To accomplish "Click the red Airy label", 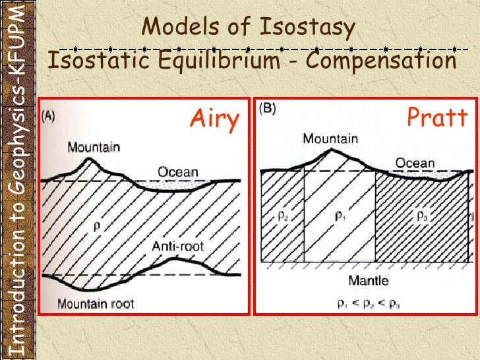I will (x=214, y=121).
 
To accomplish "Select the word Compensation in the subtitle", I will (x=381, y=61).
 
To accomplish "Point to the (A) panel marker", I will (x=51, y=115).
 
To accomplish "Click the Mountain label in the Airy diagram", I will (x=93, y=146).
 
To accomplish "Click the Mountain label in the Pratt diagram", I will (x=330, y=138).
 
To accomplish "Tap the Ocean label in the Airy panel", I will (x=177, y=172).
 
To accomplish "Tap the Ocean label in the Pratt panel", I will (x=415, y=163).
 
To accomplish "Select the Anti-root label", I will (x=177, y=246).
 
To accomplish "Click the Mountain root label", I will (x=95, y=303).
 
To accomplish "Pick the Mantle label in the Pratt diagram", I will (x=368, y=280).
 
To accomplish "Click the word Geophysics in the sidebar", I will (x=20, y=148).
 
